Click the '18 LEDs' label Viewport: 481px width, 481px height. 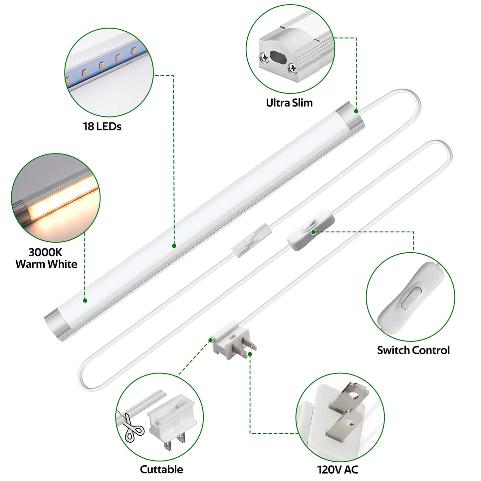coord(102,126)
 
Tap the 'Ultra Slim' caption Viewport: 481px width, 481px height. coord(289,103)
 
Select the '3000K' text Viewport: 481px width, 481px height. coord(45,252)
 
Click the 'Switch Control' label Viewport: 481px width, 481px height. coord(413,350)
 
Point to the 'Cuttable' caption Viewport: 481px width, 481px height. coord(161,469)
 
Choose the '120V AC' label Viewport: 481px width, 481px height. coord(338,470)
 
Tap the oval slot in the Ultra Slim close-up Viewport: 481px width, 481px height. coord(278,58)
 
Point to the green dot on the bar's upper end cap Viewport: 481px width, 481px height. coord(356,111)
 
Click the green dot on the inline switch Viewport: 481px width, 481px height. coord(313,232)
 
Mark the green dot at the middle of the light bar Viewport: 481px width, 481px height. coord(174,246)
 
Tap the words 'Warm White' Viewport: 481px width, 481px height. coord(46,264)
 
